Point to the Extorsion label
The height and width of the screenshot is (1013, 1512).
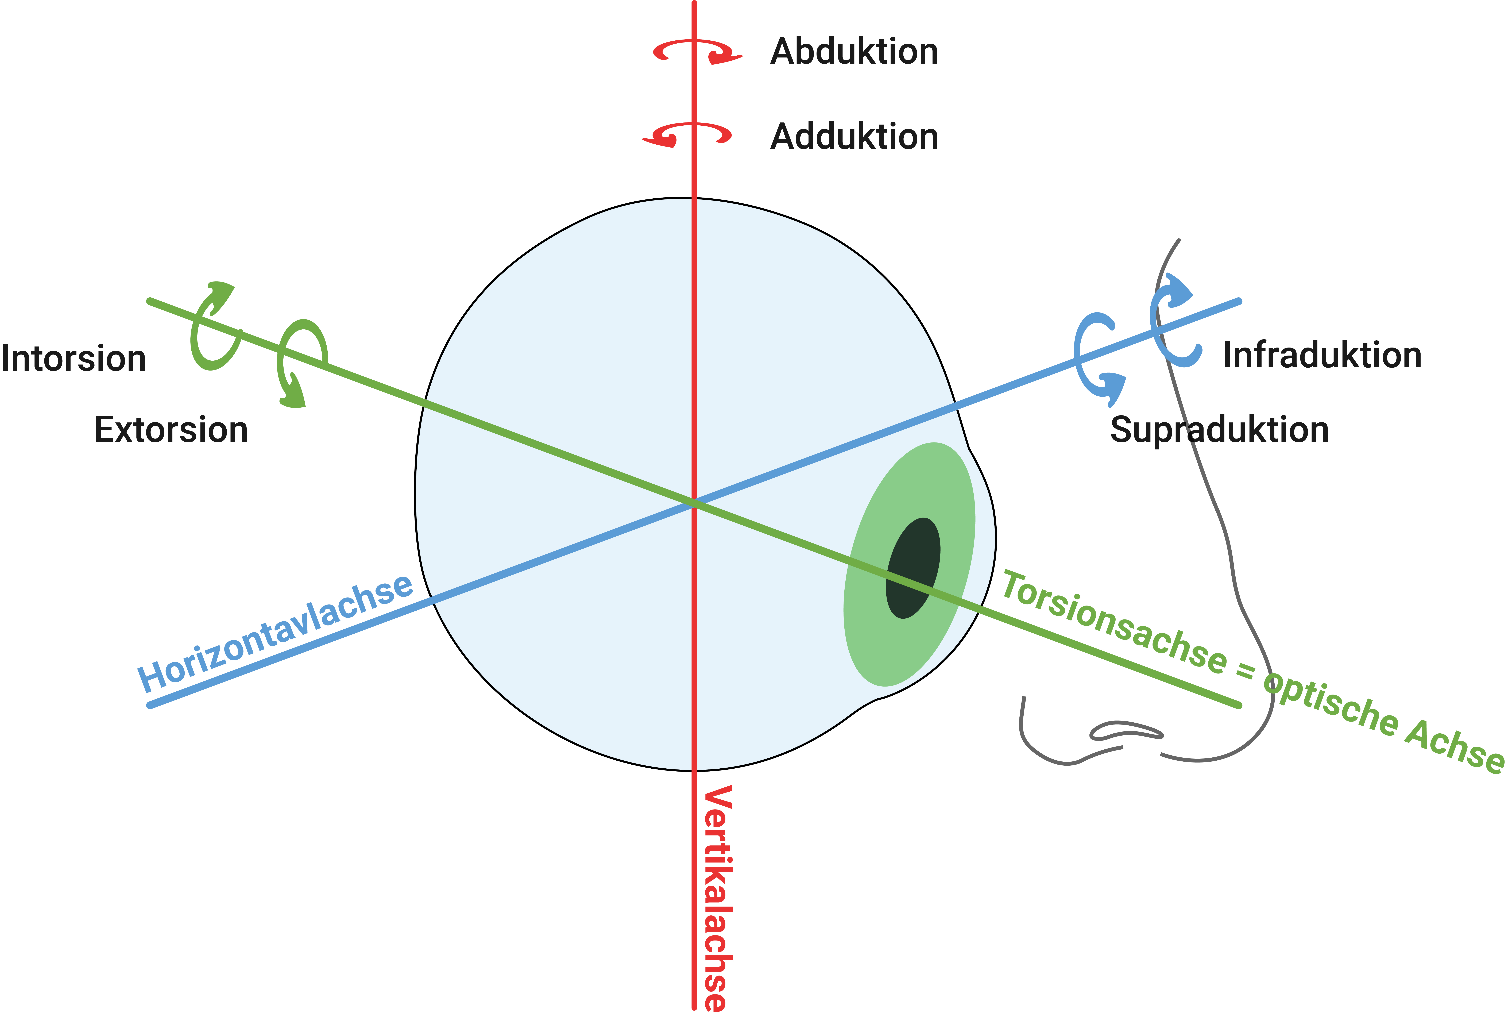[171, 430]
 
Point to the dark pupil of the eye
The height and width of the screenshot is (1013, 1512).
[913, 568]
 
